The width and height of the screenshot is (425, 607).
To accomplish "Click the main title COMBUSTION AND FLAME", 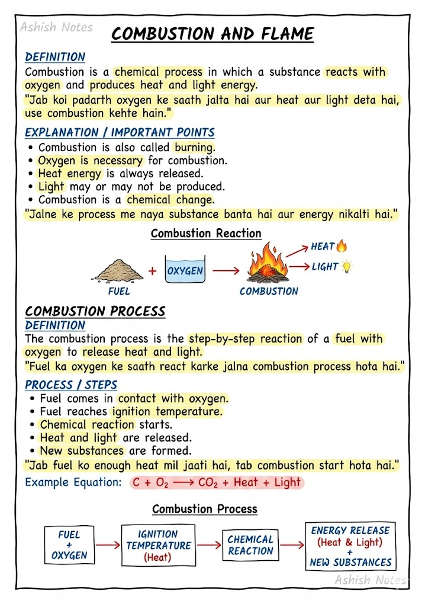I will point(213,34).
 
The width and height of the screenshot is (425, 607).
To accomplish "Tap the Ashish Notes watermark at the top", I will point(56,27).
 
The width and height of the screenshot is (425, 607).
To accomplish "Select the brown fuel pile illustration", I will point(118,271).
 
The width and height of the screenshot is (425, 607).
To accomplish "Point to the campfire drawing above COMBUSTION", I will point(268,264).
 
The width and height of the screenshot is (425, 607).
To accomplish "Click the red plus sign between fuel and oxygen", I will point(153,271).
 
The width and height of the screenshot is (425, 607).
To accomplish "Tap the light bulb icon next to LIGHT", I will point(346,267).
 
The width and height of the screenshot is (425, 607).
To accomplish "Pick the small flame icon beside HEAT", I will point(342,246).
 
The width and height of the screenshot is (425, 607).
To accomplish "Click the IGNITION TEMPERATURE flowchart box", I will point(158,545).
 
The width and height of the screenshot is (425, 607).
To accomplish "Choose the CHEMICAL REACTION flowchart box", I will point(250,545).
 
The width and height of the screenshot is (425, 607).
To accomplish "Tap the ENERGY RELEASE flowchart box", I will point(350,546).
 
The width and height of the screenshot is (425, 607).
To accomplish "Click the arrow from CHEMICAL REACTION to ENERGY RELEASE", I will point(292,545).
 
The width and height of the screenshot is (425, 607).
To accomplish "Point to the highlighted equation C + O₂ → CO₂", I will point(216,483).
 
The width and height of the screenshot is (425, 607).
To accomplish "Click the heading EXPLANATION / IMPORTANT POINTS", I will point(120,132).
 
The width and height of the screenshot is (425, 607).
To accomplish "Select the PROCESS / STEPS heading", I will point(71,385).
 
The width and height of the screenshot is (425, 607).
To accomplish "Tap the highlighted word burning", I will point(195,147).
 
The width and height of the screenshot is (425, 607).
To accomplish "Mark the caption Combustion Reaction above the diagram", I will point(206,233).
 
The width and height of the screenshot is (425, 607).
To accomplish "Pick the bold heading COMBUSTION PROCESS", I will point(95,312).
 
